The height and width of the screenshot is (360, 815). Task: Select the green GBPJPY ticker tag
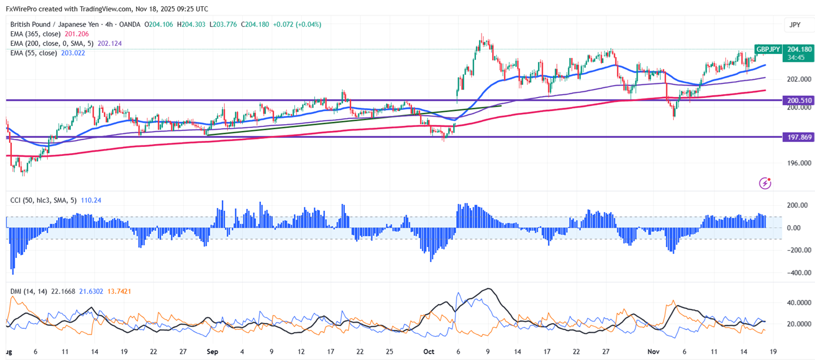(767, 49)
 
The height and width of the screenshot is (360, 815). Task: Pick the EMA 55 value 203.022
(73, 53)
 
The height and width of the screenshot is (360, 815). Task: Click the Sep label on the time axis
(213, 351)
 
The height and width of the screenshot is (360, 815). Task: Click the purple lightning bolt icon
(766, 183)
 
